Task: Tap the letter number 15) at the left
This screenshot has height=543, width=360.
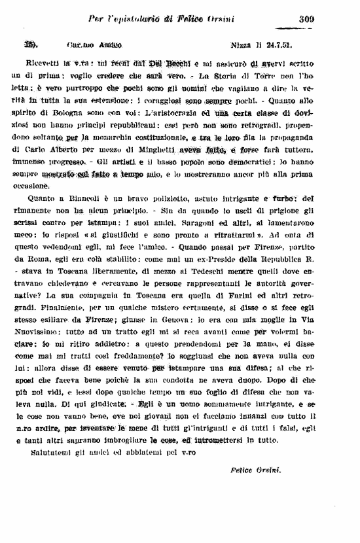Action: [x=30, y=46]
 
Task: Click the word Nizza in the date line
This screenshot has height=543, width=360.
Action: [x=243, y=47]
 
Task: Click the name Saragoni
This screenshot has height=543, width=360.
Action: [x=171, y=222]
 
